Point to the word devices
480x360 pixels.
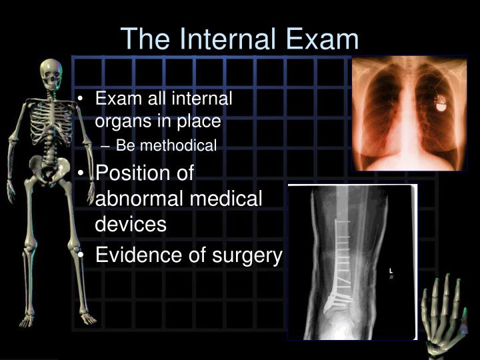[131, 224]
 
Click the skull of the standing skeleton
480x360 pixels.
[49, 73]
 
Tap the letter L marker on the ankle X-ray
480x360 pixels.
[391, 271]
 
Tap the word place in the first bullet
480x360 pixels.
[203, 122]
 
